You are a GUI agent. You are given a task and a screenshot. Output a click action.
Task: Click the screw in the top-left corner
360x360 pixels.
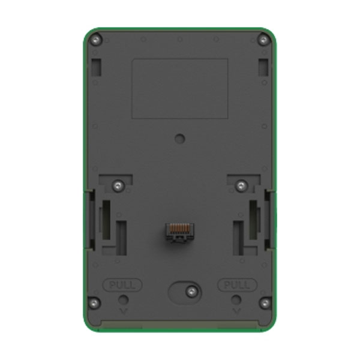point(95,40)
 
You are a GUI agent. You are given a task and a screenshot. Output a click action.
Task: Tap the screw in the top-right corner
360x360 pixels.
point(263,40)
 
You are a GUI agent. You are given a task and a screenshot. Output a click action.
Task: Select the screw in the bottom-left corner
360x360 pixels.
point(94,302)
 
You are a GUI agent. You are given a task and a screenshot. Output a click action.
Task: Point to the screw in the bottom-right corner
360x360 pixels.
point(265,302)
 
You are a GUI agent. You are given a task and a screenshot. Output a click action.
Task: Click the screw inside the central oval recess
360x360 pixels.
point(191,292)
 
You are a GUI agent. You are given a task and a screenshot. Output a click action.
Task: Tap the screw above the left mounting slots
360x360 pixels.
point(119,185)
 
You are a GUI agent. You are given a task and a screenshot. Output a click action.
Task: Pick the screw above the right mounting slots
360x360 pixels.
point(241,185)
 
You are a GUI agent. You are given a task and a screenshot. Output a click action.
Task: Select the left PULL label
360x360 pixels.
point(122,284)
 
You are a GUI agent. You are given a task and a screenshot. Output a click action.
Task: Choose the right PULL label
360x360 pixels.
point(237,284)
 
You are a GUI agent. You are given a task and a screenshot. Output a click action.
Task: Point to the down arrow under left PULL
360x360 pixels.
point(123,311)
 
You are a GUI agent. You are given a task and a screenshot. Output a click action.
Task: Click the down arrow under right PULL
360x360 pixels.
point(236,311)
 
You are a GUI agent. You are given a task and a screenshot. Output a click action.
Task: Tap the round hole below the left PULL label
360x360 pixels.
point(123,299)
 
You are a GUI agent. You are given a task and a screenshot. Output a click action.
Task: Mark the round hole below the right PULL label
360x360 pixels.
point(236,299)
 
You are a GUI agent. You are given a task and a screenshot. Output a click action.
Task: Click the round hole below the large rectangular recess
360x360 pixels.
point(179,138)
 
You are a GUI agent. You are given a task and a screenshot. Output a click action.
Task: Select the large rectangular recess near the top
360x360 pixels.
point(179,88)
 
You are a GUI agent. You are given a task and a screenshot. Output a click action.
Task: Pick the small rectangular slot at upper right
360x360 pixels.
point(263,67)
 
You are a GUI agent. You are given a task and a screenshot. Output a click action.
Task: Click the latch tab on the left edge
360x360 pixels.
point(89,219)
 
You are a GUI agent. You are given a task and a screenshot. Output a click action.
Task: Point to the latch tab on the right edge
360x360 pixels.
point(269,219)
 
